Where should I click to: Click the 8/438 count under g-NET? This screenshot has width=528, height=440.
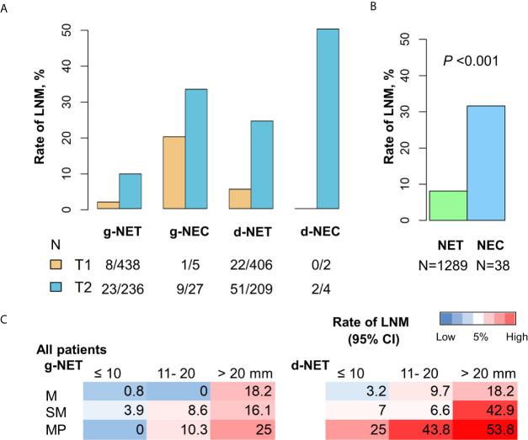click(x=118, y=265)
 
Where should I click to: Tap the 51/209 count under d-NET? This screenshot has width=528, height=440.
click(x=274, y=285)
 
